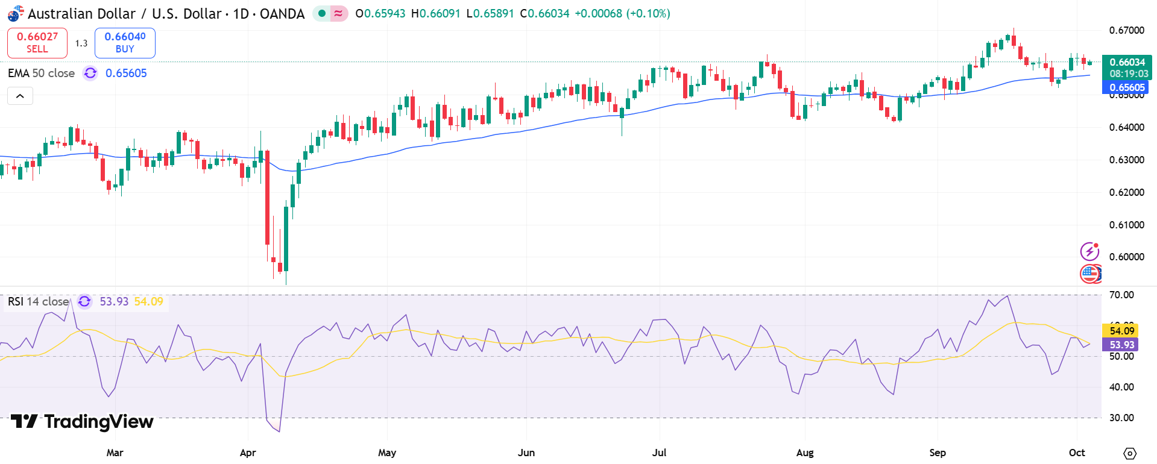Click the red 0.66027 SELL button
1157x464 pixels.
(37, 43)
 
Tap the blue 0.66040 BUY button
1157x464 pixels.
(125, 43)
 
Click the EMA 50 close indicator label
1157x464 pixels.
(41, 73)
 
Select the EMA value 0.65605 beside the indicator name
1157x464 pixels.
(126, 73)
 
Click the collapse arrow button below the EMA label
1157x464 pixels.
(20, 96)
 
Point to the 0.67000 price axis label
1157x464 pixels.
(1126, 30)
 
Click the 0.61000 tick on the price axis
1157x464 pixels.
(1126, 225)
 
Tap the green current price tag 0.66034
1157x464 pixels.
(1127, 62)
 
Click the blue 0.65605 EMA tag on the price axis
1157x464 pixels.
(1126, 88)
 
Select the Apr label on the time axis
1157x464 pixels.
(248, 453)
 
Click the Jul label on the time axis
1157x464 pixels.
(659, 453)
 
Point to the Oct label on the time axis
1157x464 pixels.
(1077, 453)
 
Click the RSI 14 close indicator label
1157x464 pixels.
(38, 301)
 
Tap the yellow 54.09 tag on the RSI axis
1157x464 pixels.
(1121, 331)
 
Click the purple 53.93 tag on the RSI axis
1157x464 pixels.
(1121, 345)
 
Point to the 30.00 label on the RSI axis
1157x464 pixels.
(1121, 418)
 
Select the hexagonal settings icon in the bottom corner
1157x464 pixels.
(1130, 453)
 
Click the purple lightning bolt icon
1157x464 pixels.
(1089, 251)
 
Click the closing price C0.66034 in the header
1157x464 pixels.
(544, 13)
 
